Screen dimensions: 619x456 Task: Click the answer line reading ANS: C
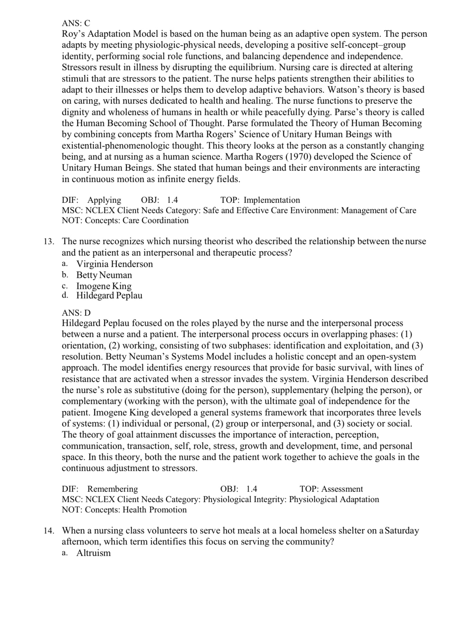coord(76,23)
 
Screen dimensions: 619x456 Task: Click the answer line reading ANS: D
coord(76,313)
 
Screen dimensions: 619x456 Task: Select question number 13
coord(49,241)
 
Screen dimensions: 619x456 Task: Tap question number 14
coord(49,531)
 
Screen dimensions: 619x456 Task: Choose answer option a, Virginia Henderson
coord(114,264)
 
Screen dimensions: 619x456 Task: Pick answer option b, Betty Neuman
coord(104,275)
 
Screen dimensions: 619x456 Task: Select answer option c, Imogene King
coord(104,286)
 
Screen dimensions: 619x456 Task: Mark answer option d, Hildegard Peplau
coord(109,296)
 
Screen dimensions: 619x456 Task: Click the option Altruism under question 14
coord(93,553)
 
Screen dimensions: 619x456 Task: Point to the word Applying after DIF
coord(104,200)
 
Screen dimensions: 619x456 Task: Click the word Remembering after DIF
coord(112,489)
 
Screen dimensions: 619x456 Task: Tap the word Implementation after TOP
coord(272,200)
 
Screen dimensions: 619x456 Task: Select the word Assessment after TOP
coord(342,489)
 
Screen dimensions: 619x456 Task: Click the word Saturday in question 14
coord(402,531)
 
